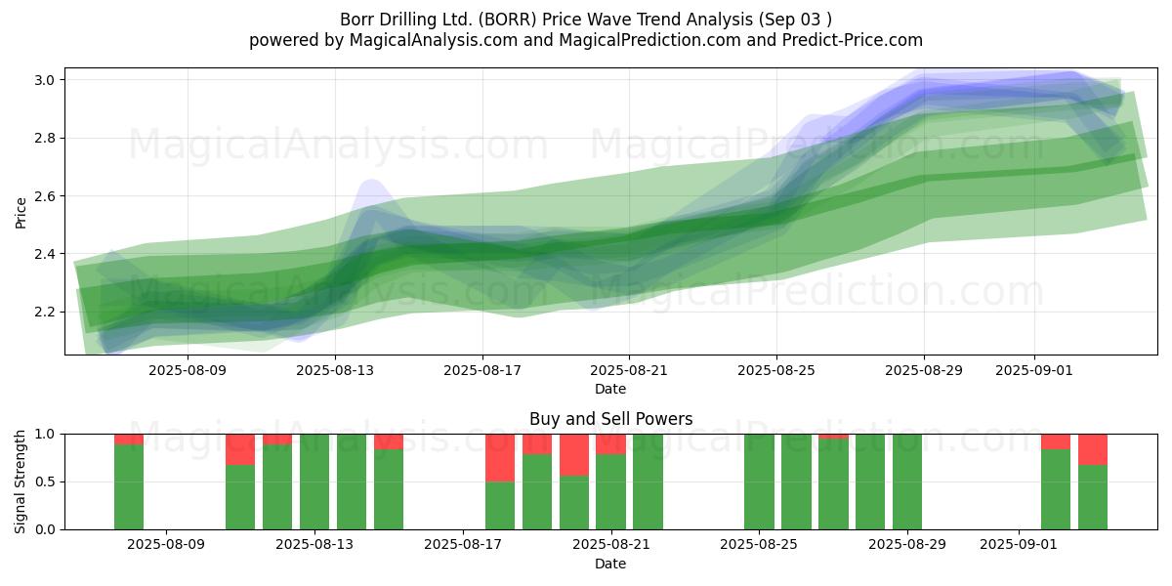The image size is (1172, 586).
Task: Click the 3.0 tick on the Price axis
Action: point(43,80)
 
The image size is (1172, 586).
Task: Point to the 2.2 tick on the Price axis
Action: point(43,313)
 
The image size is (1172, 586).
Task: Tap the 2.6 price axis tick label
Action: point(43,196)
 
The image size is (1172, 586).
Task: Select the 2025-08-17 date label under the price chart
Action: point(482,370)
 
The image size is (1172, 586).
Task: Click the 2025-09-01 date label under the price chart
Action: point(1034,370)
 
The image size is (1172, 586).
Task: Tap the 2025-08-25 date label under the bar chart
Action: point(759,544)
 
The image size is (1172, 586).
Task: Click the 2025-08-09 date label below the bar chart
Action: point(166,544)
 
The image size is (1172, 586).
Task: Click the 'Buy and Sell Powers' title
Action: point(610,419)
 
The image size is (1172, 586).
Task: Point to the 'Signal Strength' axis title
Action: point(20,481)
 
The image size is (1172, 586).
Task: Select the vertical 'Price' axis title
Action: point(21,213)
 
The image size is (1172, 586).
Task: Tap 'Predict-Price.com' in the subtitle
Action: point(853,40)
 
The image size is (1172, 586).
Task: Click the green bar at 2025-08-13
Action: point(314,481)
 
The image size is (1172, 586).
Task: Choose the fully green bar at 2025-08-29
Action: point(907,481)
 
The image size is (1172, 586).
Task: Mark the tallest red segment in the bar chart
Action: point(500,458)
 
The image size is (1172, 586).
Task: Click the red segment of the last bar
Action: point(1093,449)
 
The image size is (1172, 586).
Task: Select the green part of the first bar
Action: point(129,487)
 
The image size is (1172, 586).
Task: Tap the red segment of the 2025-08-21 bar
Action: point(610,444)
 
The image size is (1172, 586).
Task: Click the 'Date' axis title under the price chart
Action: point(610,389)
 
